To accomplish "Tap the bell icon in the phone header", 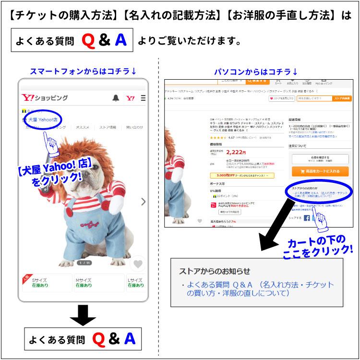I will click(116, 98).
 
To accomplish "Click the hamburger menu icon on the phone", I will click(143, 98).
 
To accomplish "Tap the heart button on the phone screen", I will click(138, 264).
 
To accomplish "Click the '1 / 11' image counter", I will click(84, 263).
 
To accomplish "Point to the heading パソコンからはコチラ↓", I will click(256, 72).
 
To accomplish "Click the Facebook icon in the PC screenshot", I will click(307, 217).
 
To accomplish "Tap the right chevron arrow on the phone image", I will click(143, 202).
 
